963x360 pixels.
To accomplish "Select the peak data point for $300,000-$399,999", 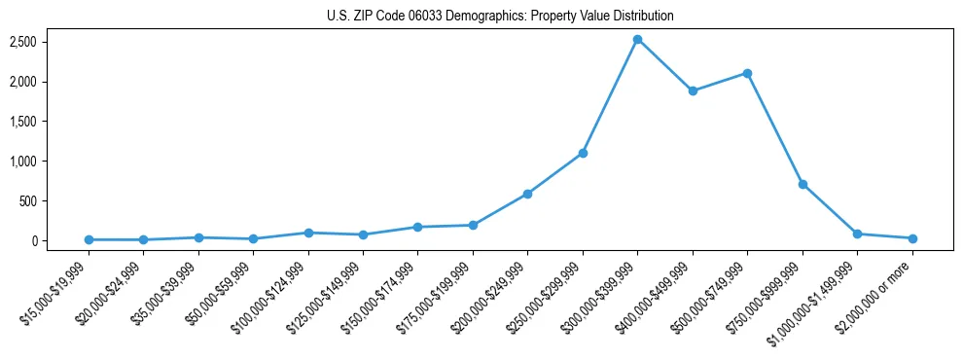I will point(637,40).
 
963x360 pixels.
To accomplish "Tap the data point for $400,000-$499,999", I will point(693,91).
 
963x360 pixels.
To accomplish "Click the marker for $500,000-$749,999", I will point(747,73).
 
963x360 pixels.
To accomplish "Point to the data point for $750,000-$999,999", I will point(802,184).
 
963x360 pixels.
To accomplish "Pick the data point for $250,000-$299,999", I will point(583,153).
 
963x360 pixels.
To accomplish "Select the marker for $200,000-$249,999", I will point(527,194).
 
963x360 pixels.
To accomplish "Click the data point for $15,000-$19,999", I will point(89,239).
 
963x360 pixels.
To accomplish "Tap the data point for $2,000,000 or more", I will point(912,238).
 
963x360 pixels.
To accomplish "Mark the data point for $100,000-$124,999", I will point(308,233).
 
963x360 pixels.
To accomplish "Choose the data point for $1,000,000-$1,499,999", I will point(857,234).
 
